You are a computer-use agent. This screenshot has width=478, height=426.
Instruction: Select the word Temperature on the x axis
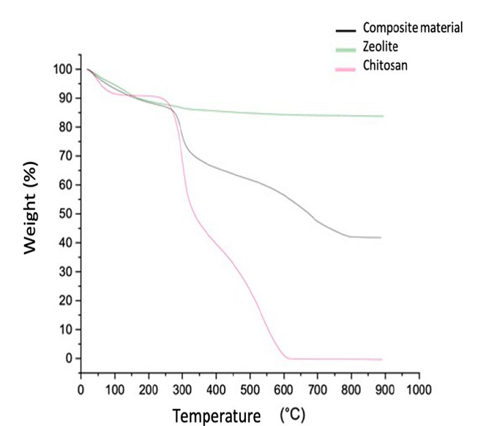pos(216,415)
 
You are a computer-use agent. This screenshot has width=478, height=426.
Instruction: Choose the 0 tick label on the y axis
pos(69,358)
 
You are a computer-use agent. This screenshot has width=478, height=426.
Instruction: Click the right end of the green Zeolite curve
pos(382,116)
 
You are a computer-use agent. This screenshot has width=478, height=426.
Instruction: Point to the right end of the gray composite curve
pos(380,237)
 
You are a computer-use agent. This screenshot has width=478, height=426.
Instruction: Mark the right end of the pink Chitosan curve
pos(382,360)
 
